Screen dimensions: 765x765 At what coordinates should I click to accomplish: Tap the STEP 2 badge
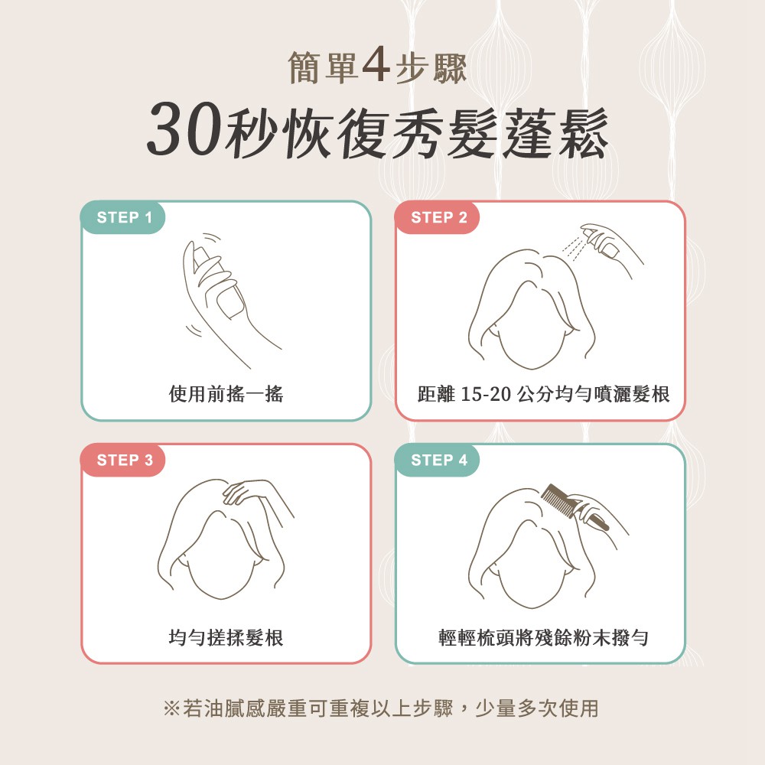(x=438, y=217)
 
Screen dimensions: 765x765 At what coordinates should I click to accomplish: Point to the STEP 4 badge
(x=438, y=460)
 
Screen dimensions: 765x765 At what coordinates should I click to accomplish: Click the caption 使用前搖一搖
(x=226, y=395)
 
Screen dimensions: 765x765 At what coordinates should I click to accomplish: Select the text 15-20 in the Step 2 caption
(x=487, y=395)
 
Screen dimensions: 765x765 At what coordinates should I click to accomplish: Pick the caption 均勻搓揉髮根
(x=226, y=637)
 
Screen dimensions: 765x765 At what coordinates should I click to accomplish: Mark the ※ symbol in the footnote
(x=171, y=708)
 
